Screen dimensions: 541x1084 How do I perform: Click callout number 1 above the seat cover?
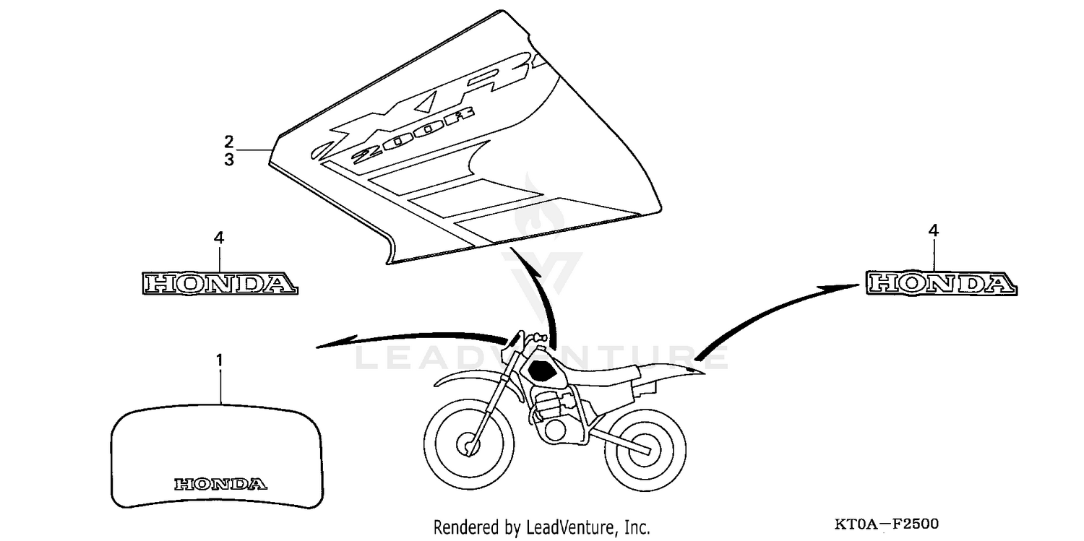[x=221, y=358]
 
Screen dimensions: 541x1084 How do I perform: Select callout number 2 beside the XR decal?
[x=228, y=140]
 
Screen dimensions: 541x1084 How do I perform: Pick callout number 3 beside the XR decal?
[x=228, y=160]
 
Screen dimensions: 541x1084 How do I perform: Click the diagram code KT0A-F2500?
[x=887, y=524]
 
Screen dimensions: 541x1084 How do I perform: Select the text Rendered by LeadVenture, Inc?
[x=541, y=527]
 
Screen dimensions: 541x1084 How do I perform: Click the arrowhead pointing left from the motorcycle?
[x=329, y=345]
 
